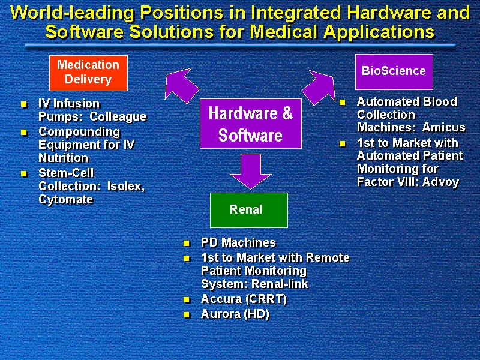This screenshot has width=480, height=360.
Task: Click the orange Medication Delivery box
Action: point(88,73)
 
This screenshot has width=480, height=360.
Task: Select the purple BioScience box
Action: point(394,72)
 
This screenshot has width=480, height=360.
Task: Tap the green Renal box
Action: point(249,210)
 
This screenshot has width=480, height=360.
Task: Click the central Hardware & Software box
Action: point(251,124)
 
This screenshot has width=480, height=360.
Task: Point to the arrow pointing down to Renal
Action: point(251,172)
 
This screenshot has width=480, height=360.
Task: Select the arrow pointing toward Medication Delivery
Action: point(181,85)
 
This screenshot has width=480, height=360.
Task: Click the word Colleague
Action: point(118,116)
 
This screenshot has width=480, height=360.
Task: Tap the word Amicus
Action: point(443,127)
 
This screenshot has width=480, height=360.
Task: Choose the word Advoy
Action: point(440,182)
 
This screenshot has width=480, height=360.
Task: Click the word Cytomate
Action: point(66,200)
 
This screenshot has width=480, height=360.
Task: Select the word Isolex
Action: point(126,187)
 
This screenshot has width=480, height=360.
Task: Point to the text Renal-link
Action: point(280,284)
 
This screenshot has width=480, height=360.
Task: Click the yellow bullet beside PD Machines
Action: point(187,244)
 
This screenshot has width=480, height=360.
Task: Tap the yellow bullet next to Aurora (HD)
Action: point(187,314)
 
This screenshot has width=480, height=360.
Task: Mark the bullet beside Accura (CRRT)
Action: point(187,299)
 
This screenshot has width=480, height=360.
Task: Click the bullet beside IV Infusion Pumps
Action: point(24,104)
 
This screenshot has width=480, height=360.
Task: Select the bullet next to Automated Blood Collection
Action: point(343,103)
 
